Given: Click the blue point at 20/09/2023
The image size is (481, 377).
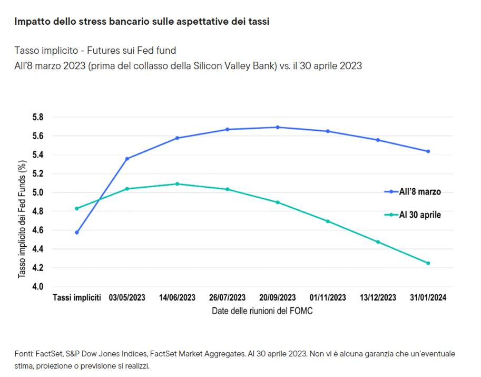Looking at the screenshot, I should point(278,127).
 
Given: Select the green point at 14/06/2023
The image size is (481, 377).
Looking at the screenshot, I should point(177,184).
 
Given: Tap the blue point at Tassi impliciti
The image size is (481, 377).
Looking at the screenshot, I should point(77,233).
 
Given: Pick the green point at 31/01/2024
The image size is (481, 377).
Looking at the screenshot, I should point(428,263).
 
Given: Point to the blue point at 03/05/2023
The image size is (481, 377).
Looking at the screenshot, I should point(127,159).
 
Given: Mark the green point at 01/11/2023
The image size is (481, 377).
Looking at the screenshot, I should point(328,221).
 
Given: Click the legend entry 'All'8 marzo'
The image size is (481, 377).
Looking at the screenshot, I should point(419,192).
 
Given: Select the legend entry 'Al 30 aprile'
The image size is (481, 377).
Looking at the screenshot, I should point(420,215).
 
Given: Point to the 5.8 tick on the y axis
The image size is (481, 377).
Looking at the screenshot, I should point(38,117).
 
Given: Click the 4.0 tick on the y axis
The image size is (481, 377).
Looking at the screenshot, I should point(38,286).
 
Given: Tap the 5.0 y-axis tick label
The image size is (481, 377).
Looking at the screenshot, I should point(38,192).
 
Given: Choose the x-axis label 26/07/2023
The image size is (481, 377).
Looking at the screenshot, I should point(227,298).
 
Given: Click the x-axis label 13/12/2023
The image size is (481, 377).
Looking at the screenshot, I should point(378,298).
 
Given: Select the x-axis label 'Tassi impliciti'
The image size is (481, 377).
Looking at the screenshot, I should point(77,298).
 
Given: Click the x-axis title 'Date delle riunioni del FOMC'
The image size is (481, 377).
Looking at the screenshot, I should point(262,311).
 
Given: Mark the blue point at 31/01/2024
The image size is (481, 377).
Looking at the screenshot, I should point(428,151).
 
